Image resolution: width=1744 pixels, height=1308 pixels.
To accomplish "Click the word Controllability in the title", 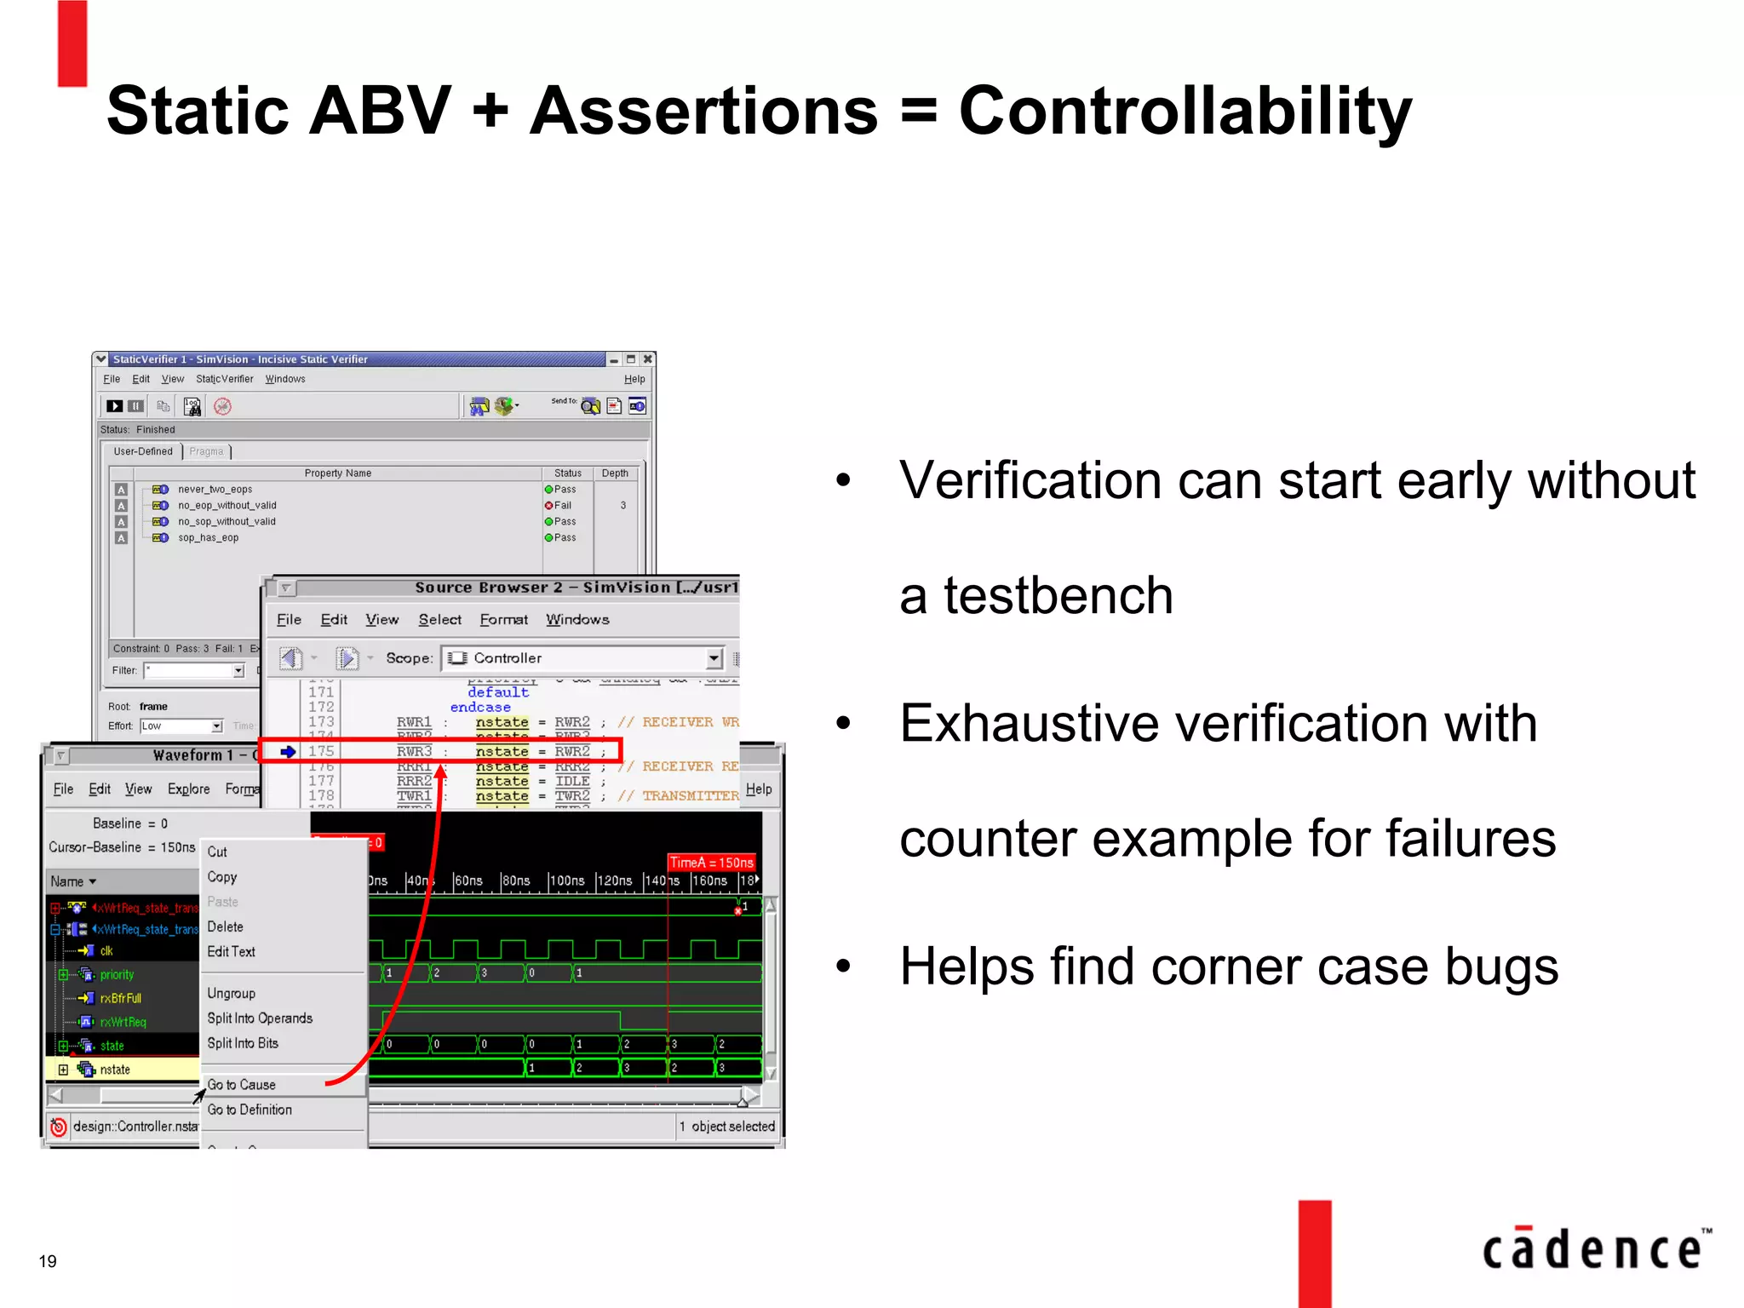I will [x=1185, y=111].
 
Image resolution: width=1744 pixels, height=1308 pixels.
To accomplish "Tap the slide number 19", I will [x=48, y=1261].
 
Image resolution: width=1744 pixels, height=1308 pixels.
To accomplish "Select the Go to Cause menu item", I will [x=242, y=1085].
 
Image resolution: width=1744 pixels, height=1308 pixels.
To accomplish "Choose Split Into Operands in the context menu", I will [x=260, y=1018].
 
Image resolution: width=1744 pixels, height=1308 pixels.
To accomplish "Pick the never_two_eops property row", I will [x=215, y=490].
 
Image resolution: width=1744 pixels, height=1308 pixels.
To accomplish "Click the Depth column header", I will [x=615, y=473].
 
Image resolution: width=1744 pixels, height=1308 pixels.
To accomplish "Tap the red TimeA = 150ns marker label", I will [x=711, y=863].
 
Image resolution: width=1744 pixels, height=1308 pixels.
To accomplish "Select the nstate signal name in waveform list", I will [x=115, y=1070].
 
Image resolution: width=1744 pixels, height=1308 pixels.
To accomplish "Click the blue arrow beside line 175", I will [x=288, y=751].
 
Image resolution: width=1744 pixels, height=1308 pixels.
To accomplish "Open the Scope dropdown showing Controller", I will [x=714, y=658].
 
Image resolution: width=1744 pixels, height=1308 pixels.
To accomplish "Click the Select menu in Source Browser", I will [x=439, y=620].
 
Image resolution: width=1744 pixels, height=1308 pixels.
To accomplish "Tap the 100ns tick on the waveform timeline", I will [x=567, y=881].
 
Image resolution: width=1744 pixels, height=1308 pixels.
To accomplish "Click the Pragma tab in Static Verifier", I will [x=206, y=452].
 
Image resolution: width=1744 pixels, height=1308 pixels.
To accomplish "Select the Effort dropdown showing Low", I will [x=181, y=726].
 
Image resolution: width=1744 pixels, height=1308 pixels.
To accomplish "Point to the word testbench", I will [x=1058, y=595].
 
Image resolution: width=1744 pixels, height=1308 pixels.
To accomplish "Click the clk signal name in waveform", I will [x=106, y=951].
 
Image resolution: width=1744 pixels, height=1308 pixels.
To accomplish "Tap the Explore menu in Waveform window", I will [x=188, y=789].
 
